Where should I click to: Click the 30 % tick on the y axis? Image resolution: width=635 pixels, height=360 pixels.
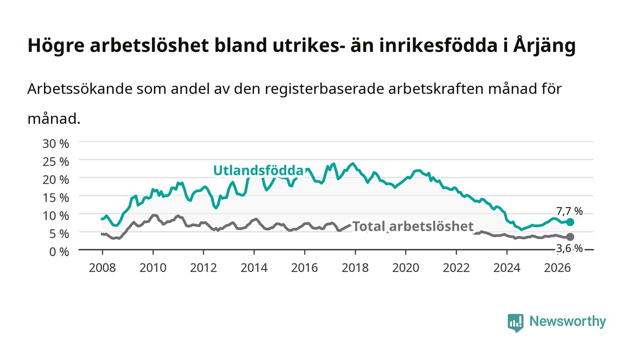[x=55, y=144]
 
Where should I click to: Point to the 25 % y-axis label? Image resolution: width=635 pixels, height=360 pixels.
[x=55, y=162]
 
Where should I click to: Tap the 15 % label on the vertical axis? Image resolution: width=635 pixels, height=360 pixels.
[x=55, y=198]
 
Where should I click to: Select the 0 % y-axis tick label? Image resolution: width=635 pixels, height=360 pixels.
[x=59, y=252]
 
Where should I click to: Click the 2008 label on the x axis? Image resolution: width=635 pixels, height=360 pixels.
[x=103, y=268]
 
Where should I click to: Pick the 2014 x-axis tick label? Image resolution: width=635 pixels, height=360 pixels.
[x=254, y=268]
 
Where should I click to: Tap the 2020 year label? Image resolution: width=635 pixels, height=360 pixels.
[x=405, y=268]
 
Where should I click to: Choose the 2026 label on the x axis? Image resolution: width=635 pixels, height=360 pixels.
[x=557, y=268]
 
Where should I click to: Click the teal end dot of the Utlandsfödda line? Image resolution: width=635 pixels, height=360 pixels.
[x=570, y=222]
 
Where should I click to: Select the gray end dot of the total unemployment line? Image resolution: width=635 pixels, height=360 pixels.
[x=570, y=237]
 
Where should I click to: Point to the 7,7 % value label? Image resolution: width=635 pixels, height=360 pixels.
[x=569, y=211]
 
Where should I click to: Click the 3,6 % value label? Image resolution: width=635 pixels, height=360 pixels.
[x=569, y=248]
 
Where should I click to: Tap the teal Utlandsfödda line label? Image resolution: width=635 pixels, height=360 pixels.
[x=258, y=170]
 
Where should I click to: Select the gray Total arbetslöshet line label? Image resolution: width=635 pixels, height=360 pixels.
[x=413, y=227]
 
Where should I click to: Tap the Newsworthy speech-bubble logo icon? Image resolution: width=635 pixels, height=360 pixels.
[x=515, y=323]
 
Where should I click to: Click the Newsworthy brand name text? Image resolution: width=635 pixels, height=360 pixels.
[x=567, y=321]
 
